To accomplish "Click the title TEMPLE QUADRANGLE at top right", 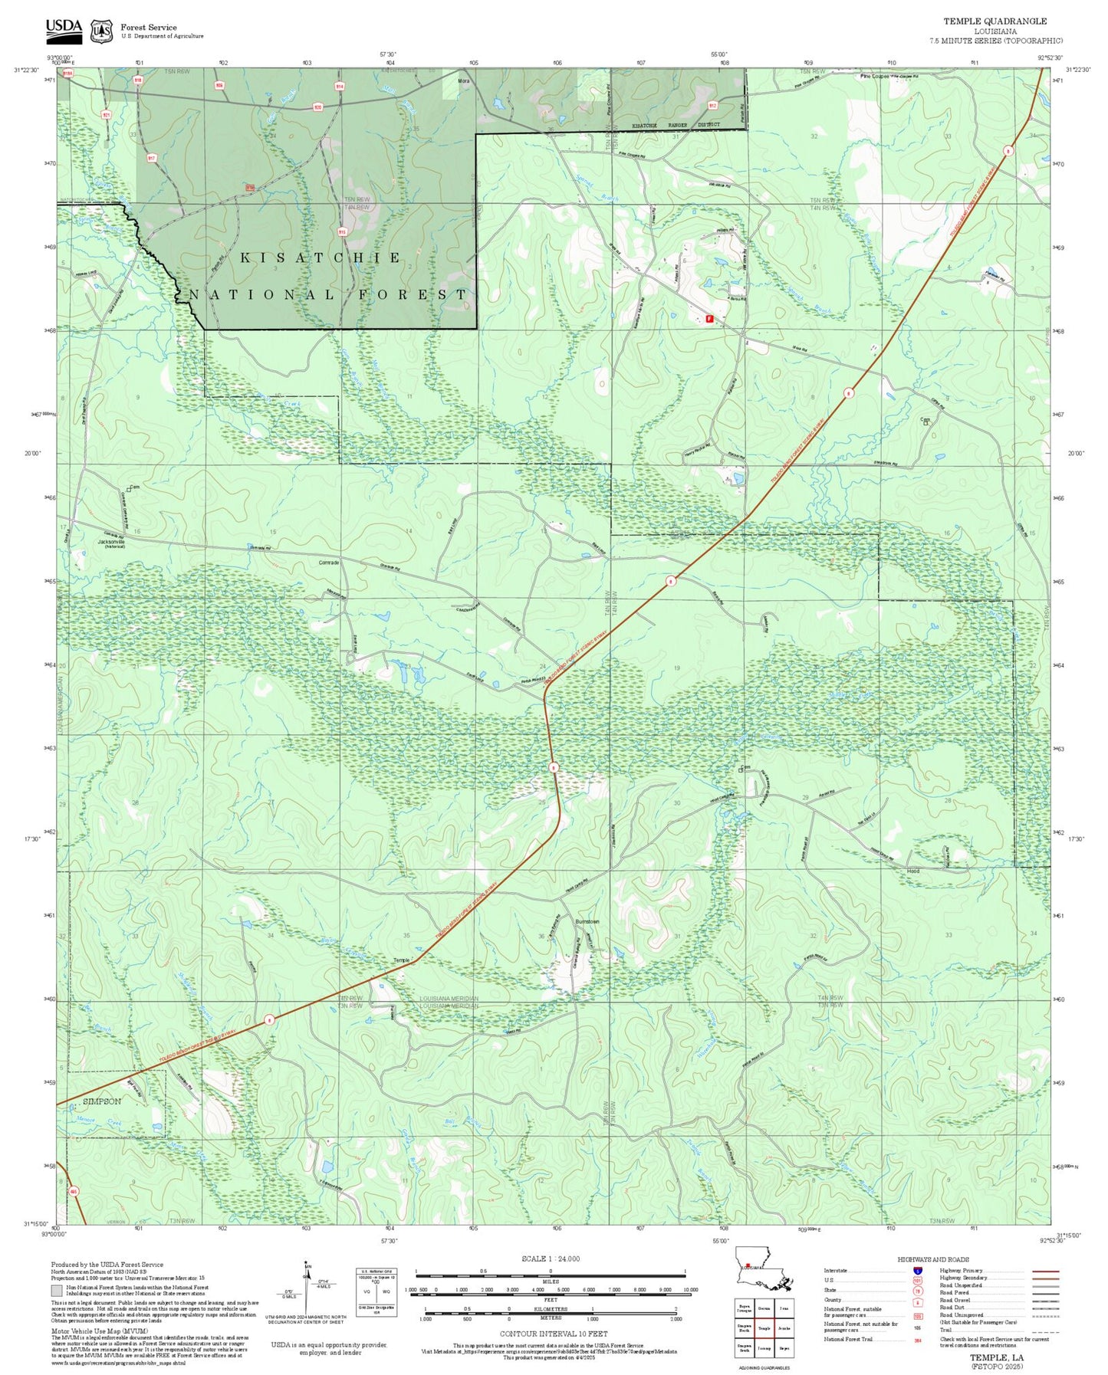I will [x=995, y=21].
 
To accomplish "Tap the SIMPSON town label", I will [x=101, y=1101].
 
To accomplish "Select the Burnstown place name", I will [x=587, y=921].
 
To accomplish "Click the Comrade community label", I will [x=328, y=563].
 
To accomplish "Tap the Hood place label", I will [x=912, y=871].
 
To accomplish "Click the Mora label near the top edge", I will [x=463, y=80].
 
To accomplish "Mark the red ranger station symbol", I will [x=709, y=319].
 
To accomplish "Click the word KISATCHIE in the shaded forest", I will [x=321, y=258].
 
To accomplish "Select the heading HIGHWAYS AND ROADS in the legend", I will [x=933, y=1259].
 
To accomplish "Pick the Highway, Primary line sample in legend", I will [x=1045, y=1271].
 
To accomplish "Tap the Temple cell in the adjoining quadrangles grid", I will [x=763, y=1327].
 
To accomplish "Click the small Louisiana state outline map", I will [x=763, y=1280].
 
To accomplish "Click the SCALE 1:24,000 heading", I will [x=551, y=1259].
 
